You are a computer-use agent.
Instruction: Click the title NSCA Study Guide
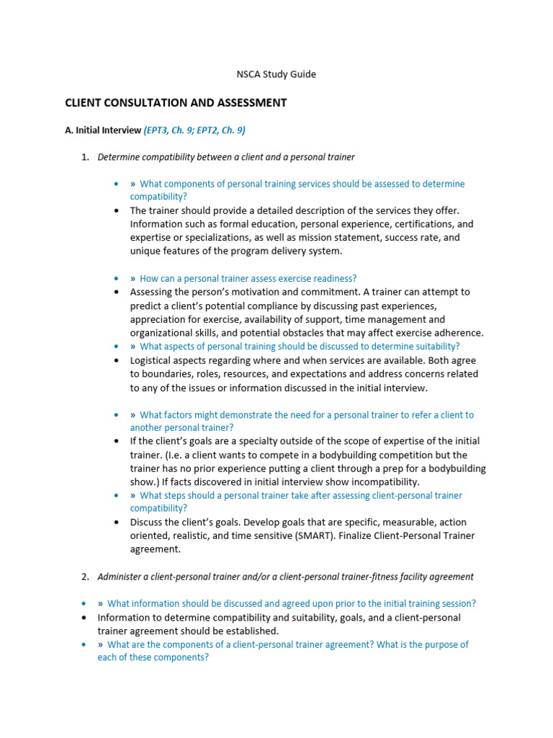276,74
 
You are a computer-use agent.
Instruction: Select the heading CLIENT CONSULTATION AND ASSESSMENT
176,103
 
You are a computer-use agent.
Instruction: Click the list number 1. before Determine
85,157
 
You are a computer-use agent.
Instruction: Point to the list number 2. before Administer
85,577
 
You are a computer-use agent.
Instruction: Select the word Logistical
153,360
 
